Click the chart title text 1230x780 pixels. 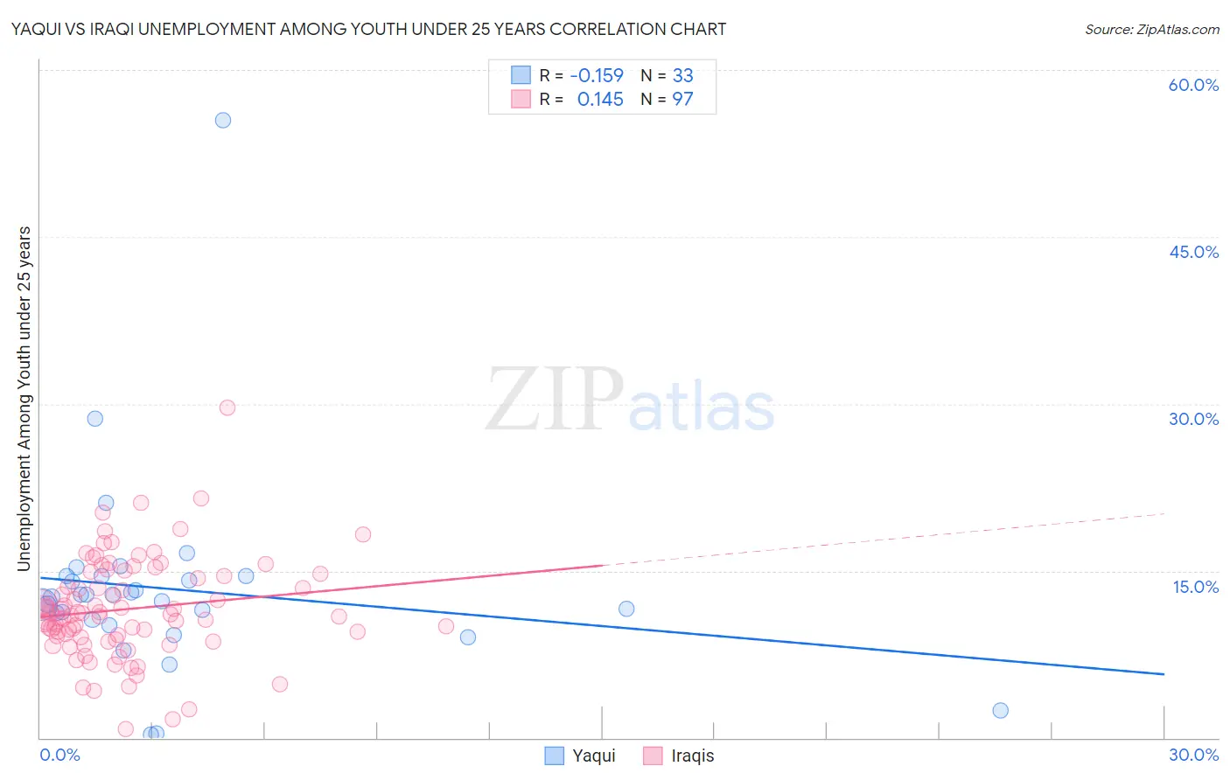point(368,30)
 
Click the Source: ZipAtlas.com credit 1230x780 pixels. point(1151,30)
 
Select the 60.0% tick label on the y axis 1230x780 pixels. point(1193,85)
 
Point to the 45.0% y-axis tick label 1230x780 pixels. point(1193,252)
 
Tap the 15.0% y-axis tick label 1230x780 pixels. point(1195,587)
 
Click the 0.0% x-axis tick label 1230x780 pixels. point(59,755)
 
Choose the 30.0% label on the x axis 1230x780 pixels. point(1193,755)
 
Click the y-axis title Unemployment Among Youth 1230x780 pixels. point(24,399)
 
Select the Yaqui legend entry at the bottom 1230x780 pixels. point(581,756)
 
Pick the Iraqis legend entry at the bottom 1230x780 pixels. point(679,756)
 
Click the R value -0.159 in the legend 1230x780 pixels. point(597,76)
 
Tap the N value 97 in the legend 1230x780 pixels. point(682,100)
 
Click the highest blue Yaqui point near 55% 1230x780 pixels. point(223,121)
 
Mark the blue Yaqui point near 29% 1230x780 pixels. point(95,419)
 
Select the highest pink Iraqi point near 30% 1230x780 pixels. point(227,407)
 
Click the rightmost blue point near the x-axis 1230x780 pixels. point(1001,710)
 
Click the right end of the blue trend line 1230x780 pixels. point(1164,674)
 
